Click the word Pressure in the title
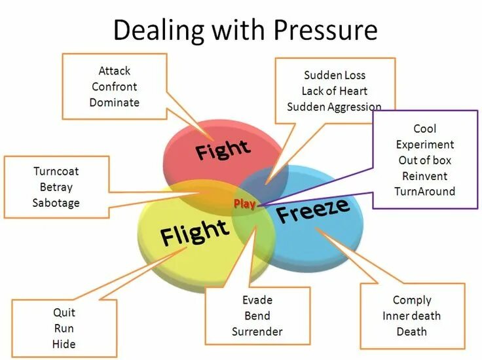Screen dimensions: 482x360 (x=325, y=30)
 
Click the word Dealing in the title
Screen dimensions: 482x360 (x=152, y=30)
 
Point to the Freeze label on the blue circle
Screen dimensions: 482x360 (x=312, y=210)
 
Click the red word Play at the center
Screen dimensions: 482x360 (x=244, y=204)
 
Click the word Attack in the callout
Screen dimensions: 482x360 (x=115, y=70)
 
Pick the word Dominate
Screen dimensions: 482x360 (x=115, y=102)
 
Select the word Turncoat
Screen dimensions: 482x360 (x=56, y=171)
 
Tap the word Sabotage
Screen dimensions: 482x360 (x=56, y=203)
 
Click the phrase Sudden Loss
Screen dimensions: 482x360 (x=335, y=75)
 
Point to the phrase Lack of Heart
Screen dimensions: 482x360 (x=335, y=91)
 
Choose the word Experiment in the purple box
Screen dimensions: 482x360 (x=425, y=145)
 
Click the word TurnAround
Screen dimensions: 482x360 (x=425, y=191)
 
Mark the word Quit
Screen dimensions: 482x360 (x=64, y=312)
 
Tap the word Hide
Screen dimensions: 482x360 (x=64, y=344)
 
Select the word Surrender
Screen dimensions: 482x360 (x=257, y=331)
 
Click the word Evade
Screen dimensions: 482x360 (x=257, y=300)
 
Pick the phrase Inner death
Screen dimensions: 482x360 (x=412, y=315)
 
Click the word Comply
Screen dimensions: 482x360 (x=412, y=300)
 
